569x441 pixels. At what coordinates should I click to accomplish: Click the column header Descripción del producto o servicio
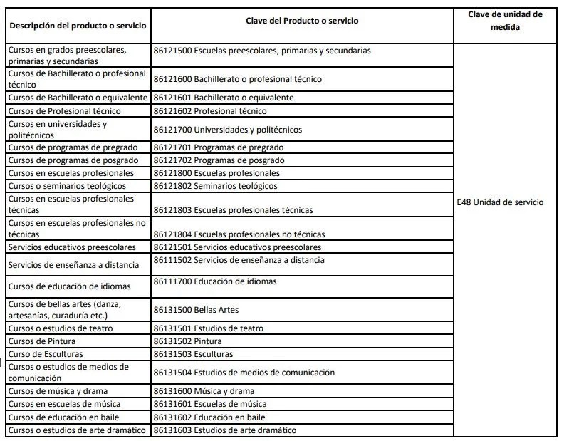click(78, 26)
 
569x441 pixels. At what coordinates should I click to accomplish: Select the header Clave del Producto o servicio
click(303, 21)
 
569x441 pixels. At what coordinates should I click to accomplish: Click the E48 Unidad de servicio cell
click(500, 202)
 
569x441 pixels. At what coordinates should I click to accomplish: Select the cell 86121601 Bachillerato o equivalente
click(224, 98)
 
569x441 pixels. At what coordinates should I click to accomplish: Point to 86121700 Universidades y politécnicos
click(228, 130)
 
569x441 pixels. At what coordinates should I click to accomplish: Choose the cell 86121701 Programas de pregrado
click(219, 147)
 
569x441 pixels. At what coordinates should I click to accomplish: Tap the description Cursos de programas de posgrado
click(73, 160)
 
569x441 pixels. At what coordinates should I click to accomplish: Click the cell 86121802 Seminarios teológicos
click(216, 186)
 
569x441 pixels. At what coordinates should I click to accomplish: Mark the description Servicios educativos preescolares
click(72, 247)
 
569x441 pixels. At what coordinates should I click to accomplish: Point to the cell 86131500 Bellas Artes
click(197, 310)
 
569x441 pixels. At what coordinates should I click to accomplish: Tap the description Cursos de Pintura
click(42, 341)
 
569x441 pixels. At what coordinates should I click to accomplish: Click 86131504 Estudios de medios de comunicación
click(244, 373)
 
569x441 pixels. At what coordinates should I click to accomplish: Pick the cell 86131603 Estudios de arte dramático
click(224, 430)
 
